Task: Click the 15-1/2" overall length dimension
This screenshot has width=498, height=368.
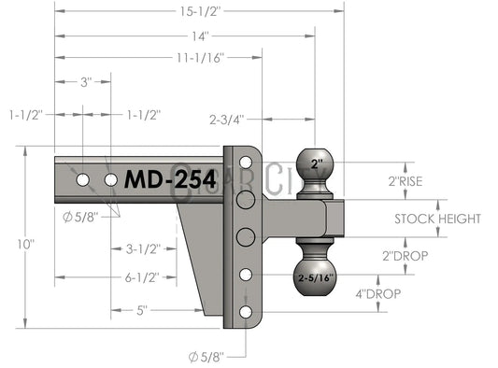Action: pyautogui.click(x=200, y=11)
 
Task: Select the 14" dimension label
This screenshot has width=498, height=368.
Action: pyautogui.click(x=200, y=36)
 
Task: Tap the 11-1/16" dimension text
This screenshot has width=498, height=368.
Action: pyautogui.click(x=200, y=58)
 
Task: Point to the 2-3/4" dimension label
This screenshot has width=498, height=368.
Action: pyautogui.click(x=227, y=120)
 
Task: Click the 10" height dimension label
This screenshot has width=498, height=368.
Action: pyautogui.click(x=26, y=245)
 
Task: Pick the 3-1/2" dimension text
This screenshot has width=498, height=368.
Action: pyautogui.click(x=143, y=249)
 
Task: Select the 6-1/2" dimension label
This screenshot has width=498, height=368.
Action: pyautogui.click(x=142, y=277)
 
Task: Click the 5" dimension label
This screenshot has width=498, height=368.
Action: pyautogui.click(x=142, y=310)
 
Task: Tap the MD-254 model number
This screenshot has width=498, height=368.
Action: pyautogui.click(x=170, y=179)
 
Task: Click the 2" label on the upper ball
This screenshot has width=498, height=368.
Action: pyautogui.click(x=317, y=164)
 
